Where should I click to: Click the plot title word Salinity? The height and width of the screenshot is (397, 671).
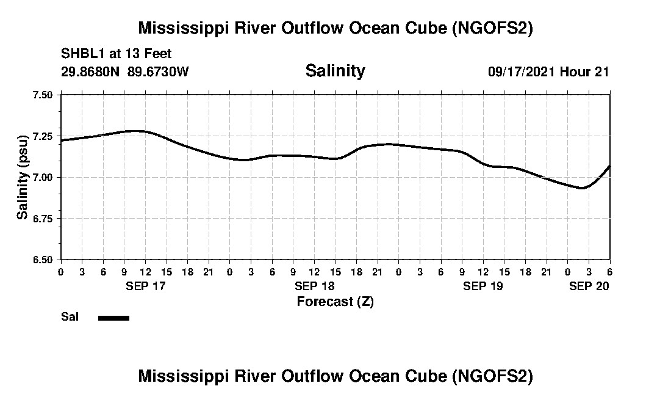[x=335, y=71]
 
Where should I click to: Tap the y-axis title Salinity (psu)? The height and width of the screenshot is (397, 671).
[x=23, y=177]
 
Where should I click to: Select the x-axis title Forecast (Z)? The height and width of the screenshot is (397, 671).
[x=335, y=301]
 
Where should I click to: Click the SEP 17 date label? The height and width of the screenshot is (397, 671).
[x=145, y=286]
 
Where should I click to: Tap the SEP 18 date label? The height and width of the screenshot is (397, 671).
[x=314, y=286]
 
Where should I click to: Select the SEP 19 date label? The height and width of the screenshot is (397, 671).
[x=483, y=286]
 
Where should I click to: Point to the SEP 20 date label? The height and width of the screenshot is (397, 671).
[x=589, y=286]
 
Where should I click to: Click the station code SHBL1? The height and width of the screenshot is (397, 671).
[x=79, y=54]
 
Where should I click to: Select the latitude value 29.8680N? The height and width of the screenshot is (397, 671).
[x=91, y=71]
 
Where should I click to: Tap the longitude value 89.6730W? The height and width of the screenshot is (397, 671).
[x=159, y=71]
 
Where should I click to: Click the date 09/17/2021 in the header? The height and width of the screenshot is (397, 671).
[x=522, y=71]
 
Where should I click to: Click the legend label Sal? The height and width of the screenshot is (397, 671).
[x=69, y=317]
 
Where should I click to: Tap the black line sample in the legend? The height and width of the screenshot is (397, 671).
[x=113, y=318]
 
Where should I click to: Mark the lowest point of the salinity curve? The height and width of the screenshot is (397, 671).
[x=582, y=188]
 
